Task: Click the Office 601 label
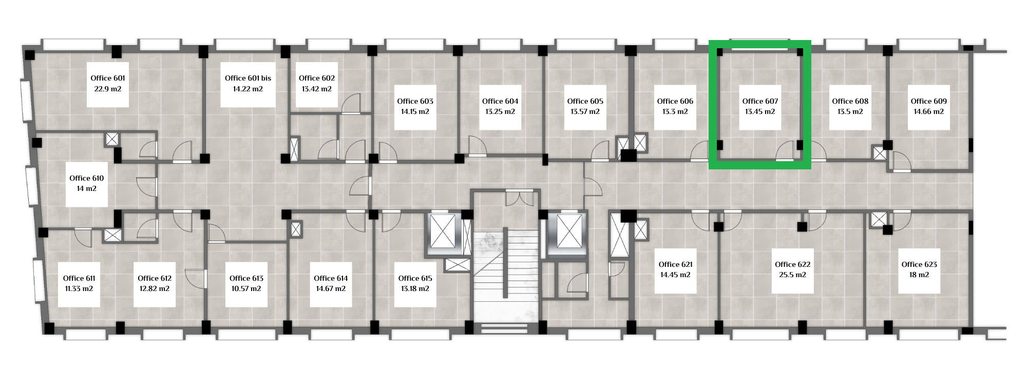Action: (108, 78)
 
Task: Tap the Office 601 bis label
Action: (248, 78)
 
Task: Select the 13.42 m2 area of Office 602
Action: (317, 89)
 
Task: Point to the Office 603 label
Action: (415, 101)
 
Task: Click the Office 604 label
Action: (500, 101)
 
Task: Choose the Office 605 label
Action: (585, 101)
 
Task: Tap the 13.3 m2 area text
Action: (675, 111)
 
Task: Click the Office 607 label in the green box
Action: (760, 101)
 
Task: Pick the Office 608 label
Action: (850, 101)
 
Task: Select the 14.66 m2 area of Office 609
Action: (929, 111)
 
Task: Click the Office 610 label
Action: (87, 178)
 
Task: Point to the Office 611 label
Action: (79, 278)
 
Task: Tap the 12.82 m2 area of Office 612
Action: (155, 288)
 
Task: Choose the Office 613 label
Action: (246, 278)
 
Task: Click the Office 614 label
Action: (331, 278)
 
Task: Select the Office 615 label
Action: (415, 278)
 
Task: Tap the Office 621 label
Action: (676, 264)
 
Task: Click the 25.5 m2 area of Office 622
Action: (793, 275)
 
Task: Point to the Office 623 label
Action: (919, 264)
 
